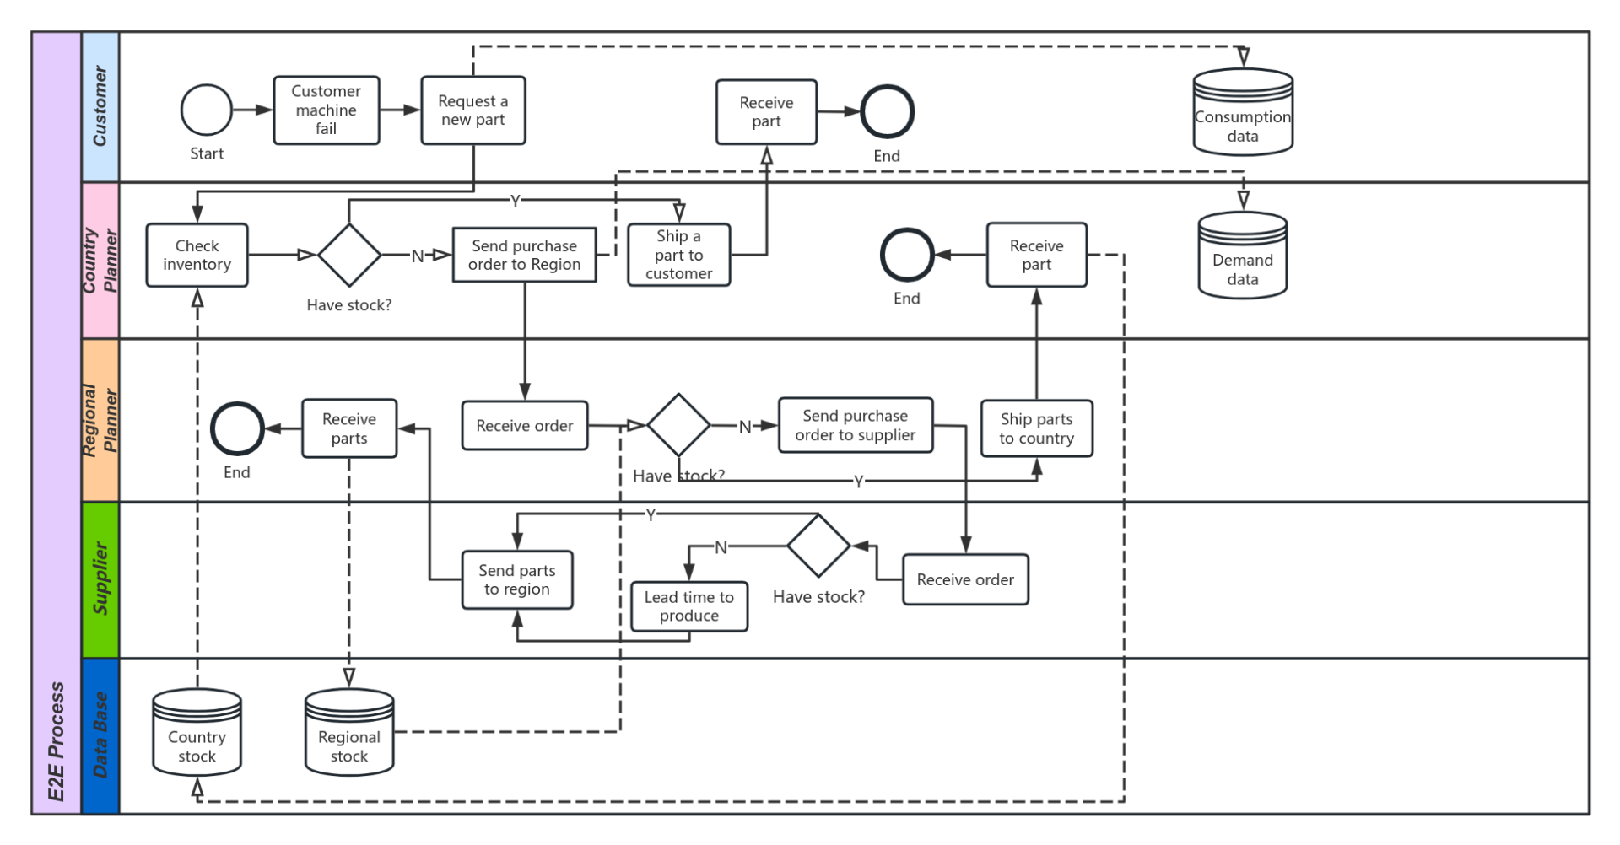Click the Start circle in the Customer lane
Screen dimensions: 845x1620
click(207, 110)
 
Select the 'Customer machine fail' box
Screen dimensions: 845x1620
click(327, 110)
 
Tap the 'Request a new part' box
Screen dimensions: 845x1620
click(473, 110)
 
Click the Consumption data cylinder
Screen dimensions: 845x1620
click(1243, 114)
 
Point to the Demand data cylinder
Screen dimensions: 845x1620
click(1243, 256)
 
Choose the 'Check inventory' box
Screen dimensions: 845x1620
click(197, 256)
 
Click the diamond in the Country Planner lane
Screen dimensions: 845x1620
click(349, 255)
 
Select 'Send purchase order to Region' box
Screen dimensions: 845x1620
click(525, 255)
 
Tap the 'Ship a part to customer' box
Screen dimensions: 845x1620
click(679, 255)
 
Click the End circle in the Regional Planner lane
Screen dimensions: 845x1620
click(237, 428)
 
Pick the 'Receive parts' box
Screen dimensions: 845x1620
click(349, 428)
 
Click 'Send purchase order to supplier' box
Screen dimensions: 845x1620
click(856, 426)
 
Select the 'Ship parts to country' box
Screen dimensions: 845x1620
click(1037, 428)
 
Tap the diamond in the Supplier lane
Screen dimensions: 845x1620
click(818, 546)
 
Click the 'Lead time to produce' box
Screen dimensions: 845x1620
click(689, 606)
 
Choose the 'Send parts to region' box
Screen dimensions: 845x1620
click(517, 580)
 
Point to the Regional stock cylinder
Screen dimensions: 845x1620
click(349, 734)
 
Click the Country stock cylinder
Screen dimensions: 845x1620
click(197, 734)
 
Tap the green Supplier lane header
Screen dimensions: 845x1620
click(100, 579)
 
